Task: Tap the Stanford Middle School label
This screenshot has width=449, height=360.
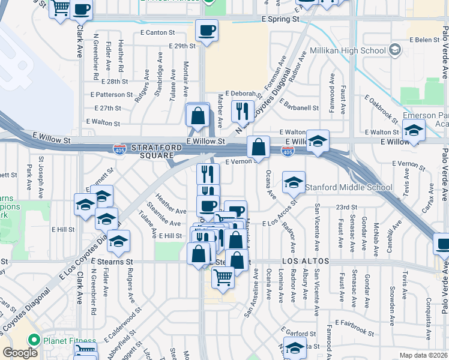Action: tap(349, 187)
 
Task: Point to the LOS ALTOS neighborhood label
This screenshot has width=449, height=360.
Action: tap(306, 262)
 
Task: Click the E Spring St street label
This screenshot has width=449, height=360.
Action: tap(280, 19)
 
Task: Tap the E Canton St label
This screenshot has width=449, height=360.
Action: tap(159, 32)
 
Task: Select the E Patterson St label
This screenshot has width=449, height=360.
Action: tap(112, 95)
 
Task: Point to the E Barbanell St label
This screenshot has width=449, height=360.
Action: tap(298, 108)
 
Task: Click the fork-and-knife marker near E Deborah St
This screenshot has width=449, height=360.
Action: tap(243, 110)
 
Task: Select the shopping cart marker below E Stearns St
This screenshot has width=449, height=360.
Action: tap(223, 278)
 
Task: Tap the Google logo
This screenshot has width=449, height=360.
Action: tap(20, 352)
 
